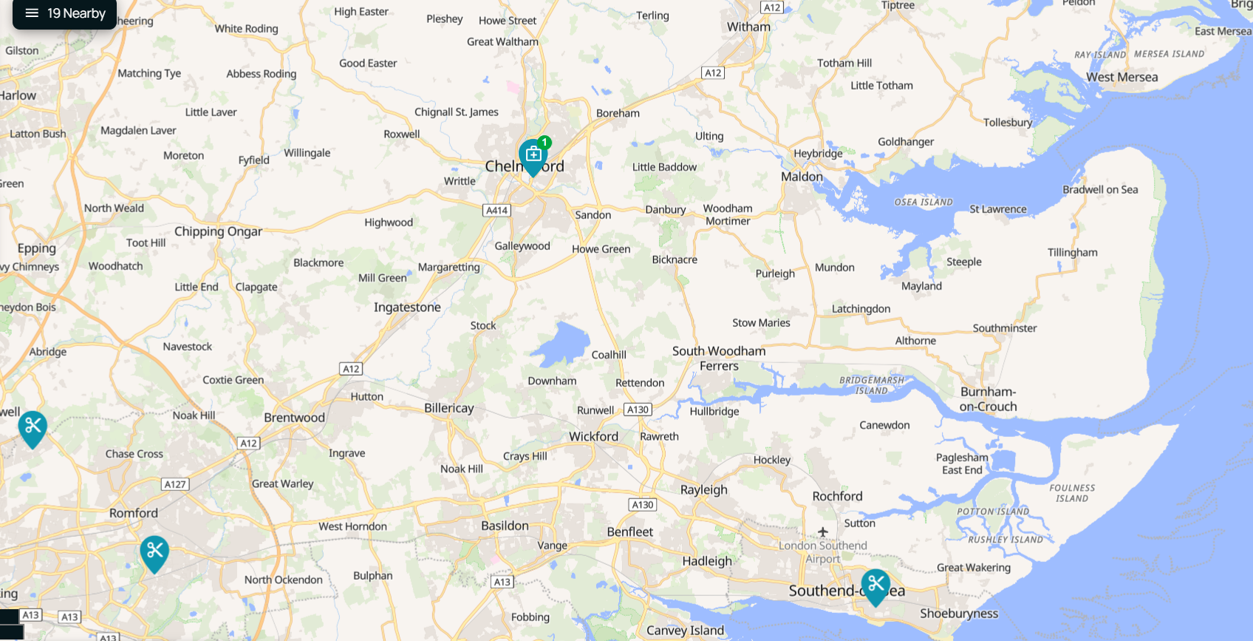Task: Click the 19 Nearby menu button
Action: [65, 14]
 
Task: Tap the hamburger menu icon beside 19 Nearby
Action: [32, 13]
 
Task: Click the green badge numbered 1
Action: [544, 142]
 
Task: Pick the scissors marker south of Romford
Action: [154, 552]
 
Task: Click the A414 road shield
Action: [497, 210]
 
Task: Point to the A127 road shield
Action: [175, 484]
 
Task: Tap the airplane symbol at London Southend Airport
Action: [823, 532]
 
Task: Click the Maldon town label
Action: [802, 177]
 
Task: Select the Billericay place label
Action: [449, 408]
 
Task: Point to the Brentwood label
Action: [294, 418]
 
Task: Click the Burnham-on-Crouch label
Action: [988, 399]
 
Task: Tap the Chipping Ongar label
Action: [218, 231]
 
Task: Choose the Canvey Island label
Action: [685, 631]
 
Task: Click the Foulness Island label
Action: [1072, 493]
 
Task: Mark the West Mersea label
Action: [1121, 78]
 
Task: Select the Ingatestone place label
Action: [407, 308]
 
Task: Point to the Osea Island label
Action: [923, 202]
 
